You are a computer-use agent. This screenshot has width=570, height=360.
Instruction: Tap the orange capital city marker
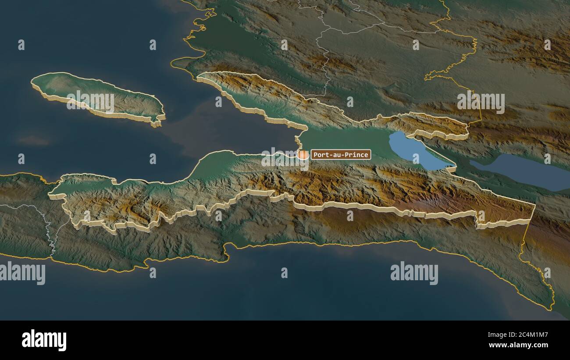click(303, 154)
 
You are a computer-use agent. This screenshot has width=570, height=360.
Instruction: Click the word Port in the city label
click(320, 154)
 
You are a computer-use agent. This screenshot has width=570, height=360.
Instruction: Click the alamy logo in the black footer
click(44, 340)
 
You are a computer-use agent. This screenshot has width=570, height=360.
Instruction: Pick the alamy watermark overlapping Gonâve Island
click(90, 102)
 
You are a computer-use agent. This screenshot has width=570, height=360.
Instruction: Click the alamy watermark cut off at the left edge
click(22, 273)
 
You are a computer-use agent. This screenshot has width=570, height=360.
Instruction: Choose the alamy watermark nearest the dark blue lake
click(481, 102)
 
